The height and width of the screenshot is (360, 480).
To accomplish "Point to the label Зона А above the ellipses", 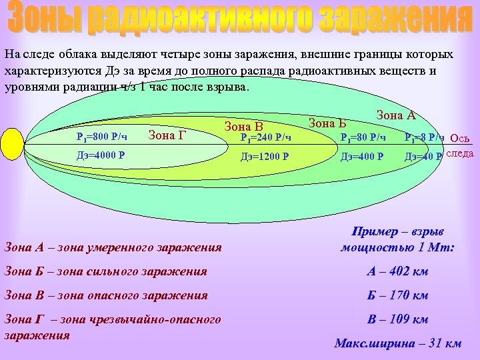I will click(396, 115).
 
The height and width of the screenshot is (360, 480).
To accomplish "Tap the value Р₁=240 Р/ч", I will click(265, 138).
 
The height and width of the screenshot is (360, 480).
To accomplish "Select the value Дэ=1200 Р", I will click(265, 157).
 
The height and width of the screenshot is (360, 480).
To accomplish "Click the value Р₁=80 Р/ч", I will click(363, 138).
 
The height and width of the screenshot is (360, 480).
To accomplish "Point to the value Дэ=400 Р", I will click(362, 157).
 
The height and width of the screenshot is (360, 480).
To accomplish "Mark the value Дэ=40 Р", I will click(423, 157).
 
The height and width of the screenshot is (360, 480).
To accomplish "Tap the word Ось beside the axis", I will click(461, 139).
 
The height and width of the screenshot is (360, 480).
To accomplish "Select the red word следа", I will click(459, 154).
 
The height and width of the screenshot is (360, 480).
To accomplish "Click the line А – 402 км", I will click(397, 271).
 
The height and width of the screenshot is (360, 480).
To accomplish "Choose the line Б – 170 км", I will click(397, 295).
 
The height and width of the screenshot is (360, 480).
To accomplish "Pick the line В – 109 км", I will click(397, 319).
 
